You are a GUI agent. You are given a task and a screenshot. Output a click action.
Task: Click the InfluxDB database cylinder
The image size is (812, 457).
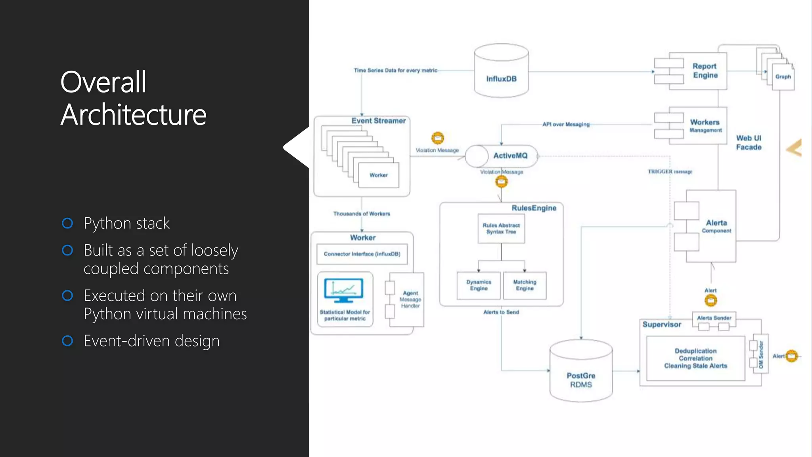[x=501, y=71]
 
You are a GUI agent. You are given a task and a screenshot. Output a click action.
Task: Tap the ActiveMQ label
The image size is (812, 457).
[x=510, y=156]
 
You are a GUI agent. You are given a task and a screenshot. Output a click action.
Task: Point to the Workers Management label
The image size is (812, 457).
[x=705, y=125]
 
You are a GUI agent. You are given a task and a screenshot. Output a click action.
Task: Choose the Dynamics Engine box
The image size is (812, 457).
[x=479, y=285]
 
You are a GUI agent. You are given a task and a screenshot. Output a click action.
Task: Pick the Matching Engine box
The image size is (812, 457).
[x=525, y=285]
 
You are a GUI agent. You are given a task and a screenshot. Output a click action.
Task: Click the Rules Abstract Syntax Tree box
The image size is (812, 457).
[x=501, y=228]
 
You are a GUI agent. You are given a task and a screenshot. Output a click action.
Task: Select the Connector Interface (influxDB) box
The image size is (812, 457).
[x=362, y=254]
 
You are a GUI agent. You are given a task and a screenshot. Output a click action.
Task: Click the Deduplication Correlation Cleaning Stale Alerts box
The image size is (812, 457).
[x=695, y=358]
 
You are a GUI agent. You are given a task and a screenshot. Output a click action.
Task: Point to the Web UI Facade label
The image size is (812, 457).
[x=749, y=143]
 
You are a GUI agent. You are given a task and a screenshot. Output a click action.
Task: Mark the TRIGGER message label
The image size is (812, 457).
[x=670, y=172]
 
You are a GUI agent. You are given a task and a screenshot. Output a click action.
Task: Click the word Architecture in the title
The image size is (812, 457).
[x=134, y=115]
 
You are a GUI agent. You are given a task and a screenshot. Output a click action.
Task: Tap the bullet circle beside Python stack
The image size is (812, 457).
[x=68, y=223]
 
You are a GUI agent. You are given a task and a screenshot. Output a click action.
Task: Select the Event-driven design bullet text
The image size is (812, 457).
[x=151, y=341]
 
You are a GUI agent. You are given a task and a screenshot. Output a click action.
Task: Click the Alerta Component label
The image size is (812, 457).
[x=716, y=226]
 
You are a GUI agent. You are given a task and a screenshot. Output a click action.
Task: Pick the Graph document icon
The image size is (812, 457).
[x=783, y=77]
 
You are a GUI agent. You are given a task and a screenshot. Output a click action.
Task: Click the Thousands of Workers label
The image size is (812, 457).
[x=362, y=214]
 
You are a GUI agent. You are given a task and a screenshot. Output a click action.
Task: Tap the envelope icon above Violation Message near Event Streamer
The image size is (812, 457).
[x=438, y=138]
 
